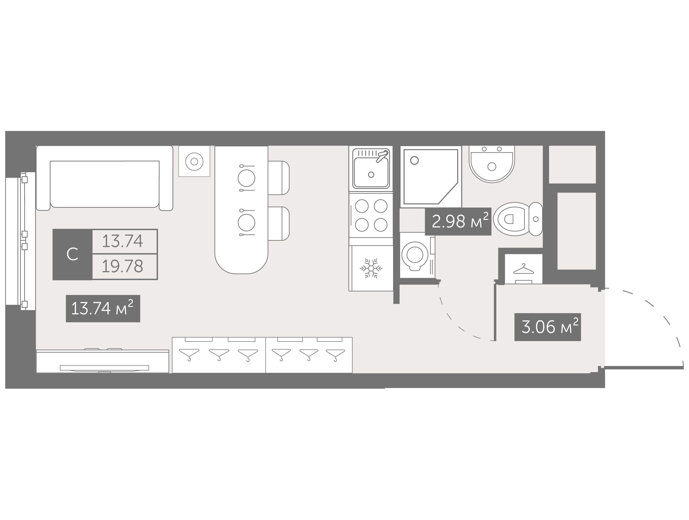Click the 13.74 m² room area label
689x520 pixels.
(103, 308)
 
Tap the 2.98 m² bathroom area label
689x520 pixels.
(458, 221)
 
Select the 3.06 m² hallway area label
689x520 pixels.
(547, 327)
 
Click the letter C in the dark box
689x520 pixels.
(72, 254)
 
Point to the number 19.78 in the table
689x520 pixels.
(122, 266)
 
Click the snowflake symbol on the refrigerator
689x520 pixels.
(371, 268)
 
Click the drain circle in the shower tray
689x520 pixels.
(414, 160)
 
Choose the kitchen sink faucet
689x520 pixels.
(382, 156)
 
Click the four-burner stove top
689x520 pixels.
(371, 215)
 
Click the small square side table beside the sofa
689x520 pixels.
(194, 161)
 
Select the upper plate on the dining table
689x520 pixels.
(246, 178)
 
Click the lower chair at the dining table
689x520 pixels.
(279, 223)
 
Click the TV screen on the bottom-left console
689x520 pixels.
(104, 368)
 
